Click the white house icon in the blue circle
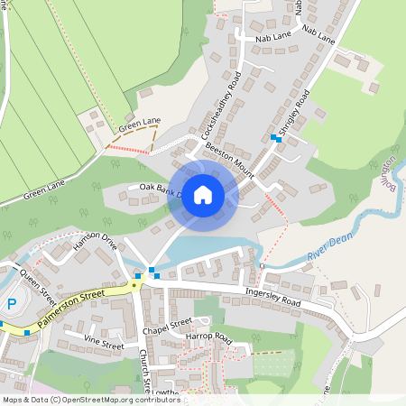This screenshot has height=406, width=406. click(203, 195)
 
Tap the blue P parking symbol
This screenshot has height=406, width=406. click(12, 305)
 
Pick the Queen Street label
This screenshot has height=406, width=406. click(38, 287)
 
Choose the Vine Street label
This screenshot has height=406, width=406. click(104, 343)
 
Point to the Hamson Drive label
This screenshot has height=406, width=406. click(96, 244)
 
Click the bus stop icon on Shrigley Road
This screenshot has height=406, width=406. click(275, 137)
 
